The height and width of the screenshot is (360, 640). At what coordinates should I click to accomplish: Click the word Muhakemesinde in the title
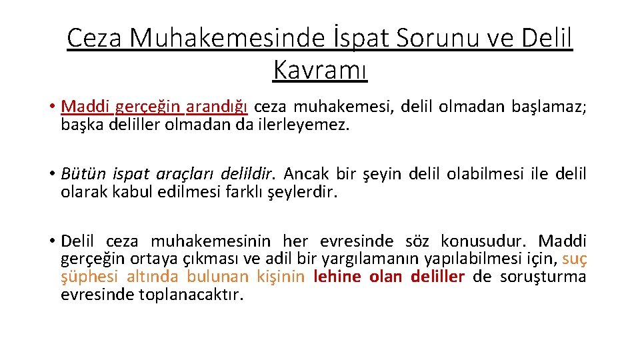point(212,38)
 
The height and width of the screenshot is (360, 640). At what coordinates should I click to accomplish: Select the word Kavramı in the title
point(320,69)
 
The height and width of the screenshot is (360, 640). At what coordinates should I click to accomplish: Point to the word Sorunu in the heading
point(437,38)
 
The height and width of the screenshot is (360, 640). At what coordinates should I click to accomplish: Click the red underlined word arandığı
point(217,107)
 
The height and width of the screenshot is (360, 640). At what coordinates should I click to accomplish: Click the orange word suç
point(575,259)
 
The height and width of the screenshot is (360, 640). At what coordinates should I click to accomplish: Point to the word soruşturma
point(550,276)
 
